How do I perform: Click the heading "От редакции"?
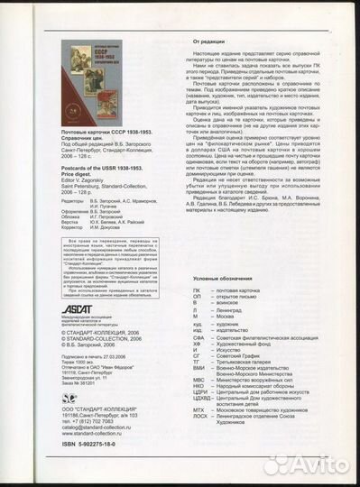coord(213,41)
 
